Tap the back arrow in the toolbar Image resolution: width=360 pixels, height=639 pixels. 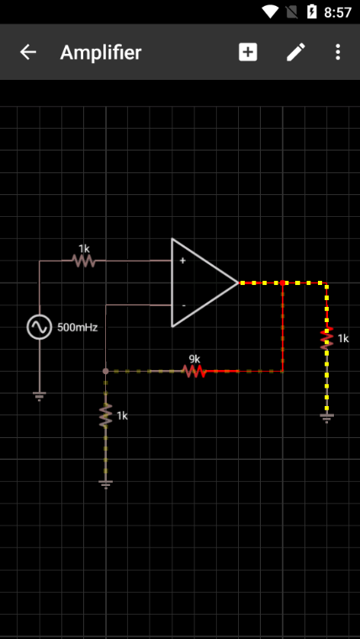tap(28, 52)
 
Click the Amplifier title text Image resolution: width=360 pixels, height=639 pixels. tap(101, 53)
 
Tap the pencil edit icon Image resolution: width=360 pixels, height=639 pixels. tap(295, 53)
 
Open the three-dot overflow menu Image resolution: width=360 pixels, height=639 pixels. tap(337, 53)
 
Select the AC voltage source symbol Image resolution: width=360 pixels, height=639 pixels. tap(40, 327)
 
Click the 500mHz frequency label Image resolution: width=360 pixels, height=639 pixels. tap(77, 328)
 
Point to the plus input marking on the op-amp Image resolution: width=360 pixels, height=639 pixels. tap(183, 261)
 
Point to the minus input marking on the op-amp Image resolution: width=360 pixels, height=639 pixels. tap(184, 305)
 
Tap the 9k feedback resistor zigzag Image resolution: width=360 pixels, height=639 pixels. tap(194, 372)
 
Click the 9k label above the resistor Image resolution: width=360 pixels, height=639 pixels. tap(194, 359)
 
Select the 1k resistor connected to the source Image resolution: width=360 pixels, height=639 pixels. tap(83, 261)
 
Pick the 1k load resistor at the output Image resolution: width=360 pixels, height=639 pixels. tap(326, 339)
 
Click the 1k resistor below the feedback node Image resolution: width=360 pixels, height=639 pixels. tap(106, 415)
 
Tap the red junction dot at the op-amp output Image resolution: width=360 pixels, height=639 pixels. tap(282, 283)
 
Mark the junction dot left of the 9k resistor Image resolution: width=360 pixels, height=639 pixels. tap(106, 372)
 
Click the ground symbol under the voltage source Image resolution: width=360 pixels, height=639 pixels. tap(40, 396)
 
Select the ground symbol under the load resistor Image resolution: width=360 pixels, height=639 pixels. tap(326, 418)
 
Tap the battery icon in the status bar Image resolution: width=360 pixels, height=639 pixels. tap(312, 12)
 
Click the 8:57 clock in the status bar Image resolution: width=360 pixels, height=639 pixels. tap(337, 13)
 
